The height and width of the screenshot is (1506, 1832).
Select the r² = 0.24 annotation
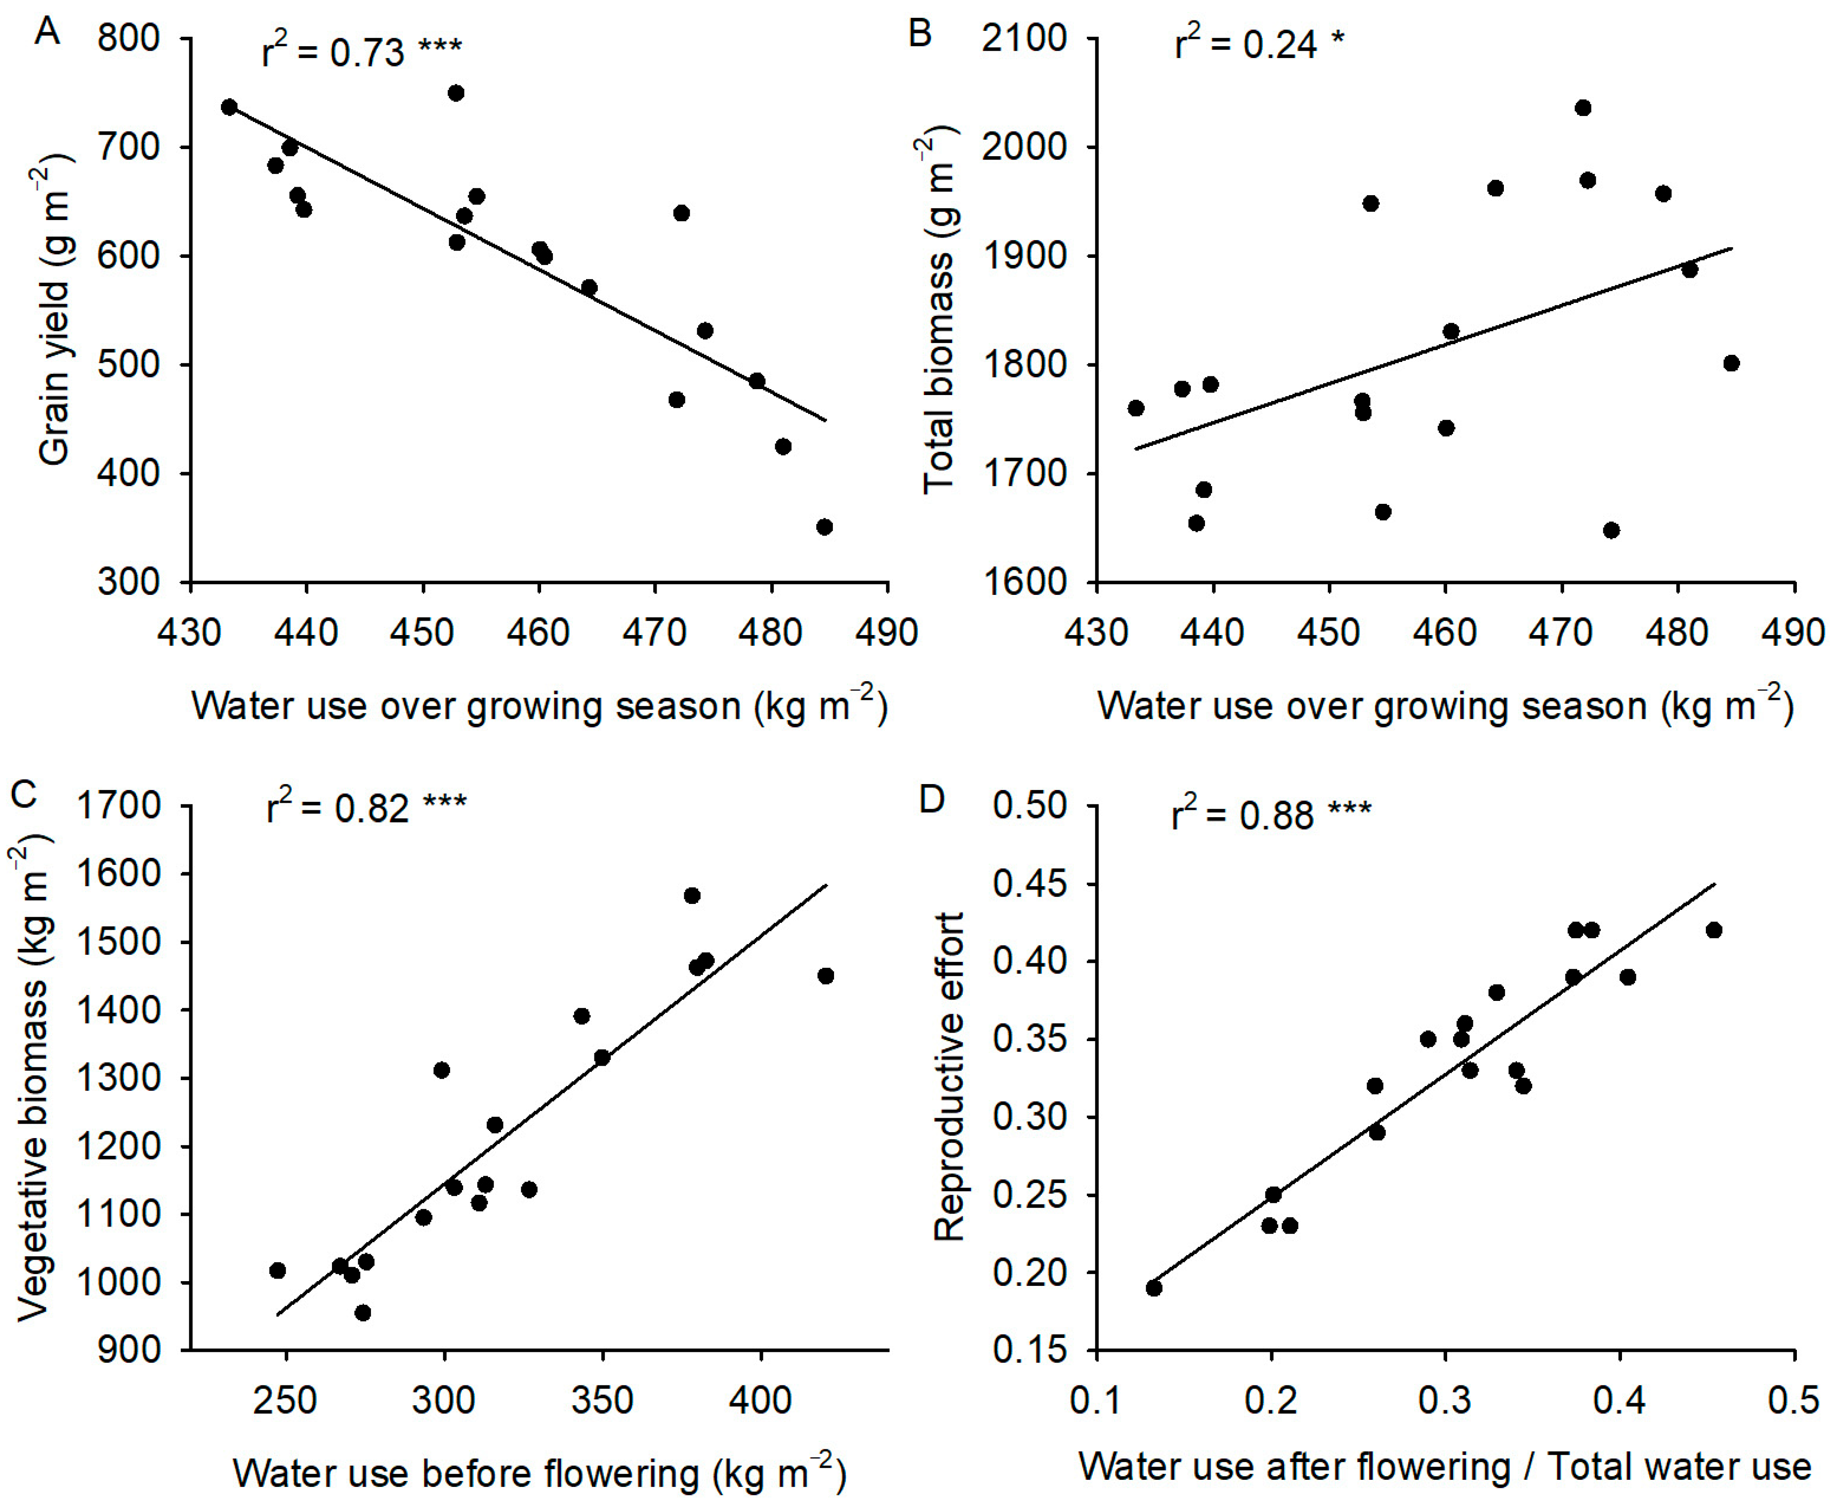1260,43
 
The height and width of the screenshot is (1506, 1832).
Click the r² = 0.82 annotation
366,807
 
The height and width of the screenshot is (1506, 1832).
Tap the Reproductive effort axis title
948,1076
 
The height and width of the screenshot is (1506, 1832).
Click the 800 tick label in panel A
128,39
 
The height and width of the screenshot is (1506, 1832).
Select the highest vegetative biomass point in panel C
691,895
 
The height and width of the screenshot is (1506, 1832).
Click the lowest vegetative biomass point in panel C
362,1313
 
